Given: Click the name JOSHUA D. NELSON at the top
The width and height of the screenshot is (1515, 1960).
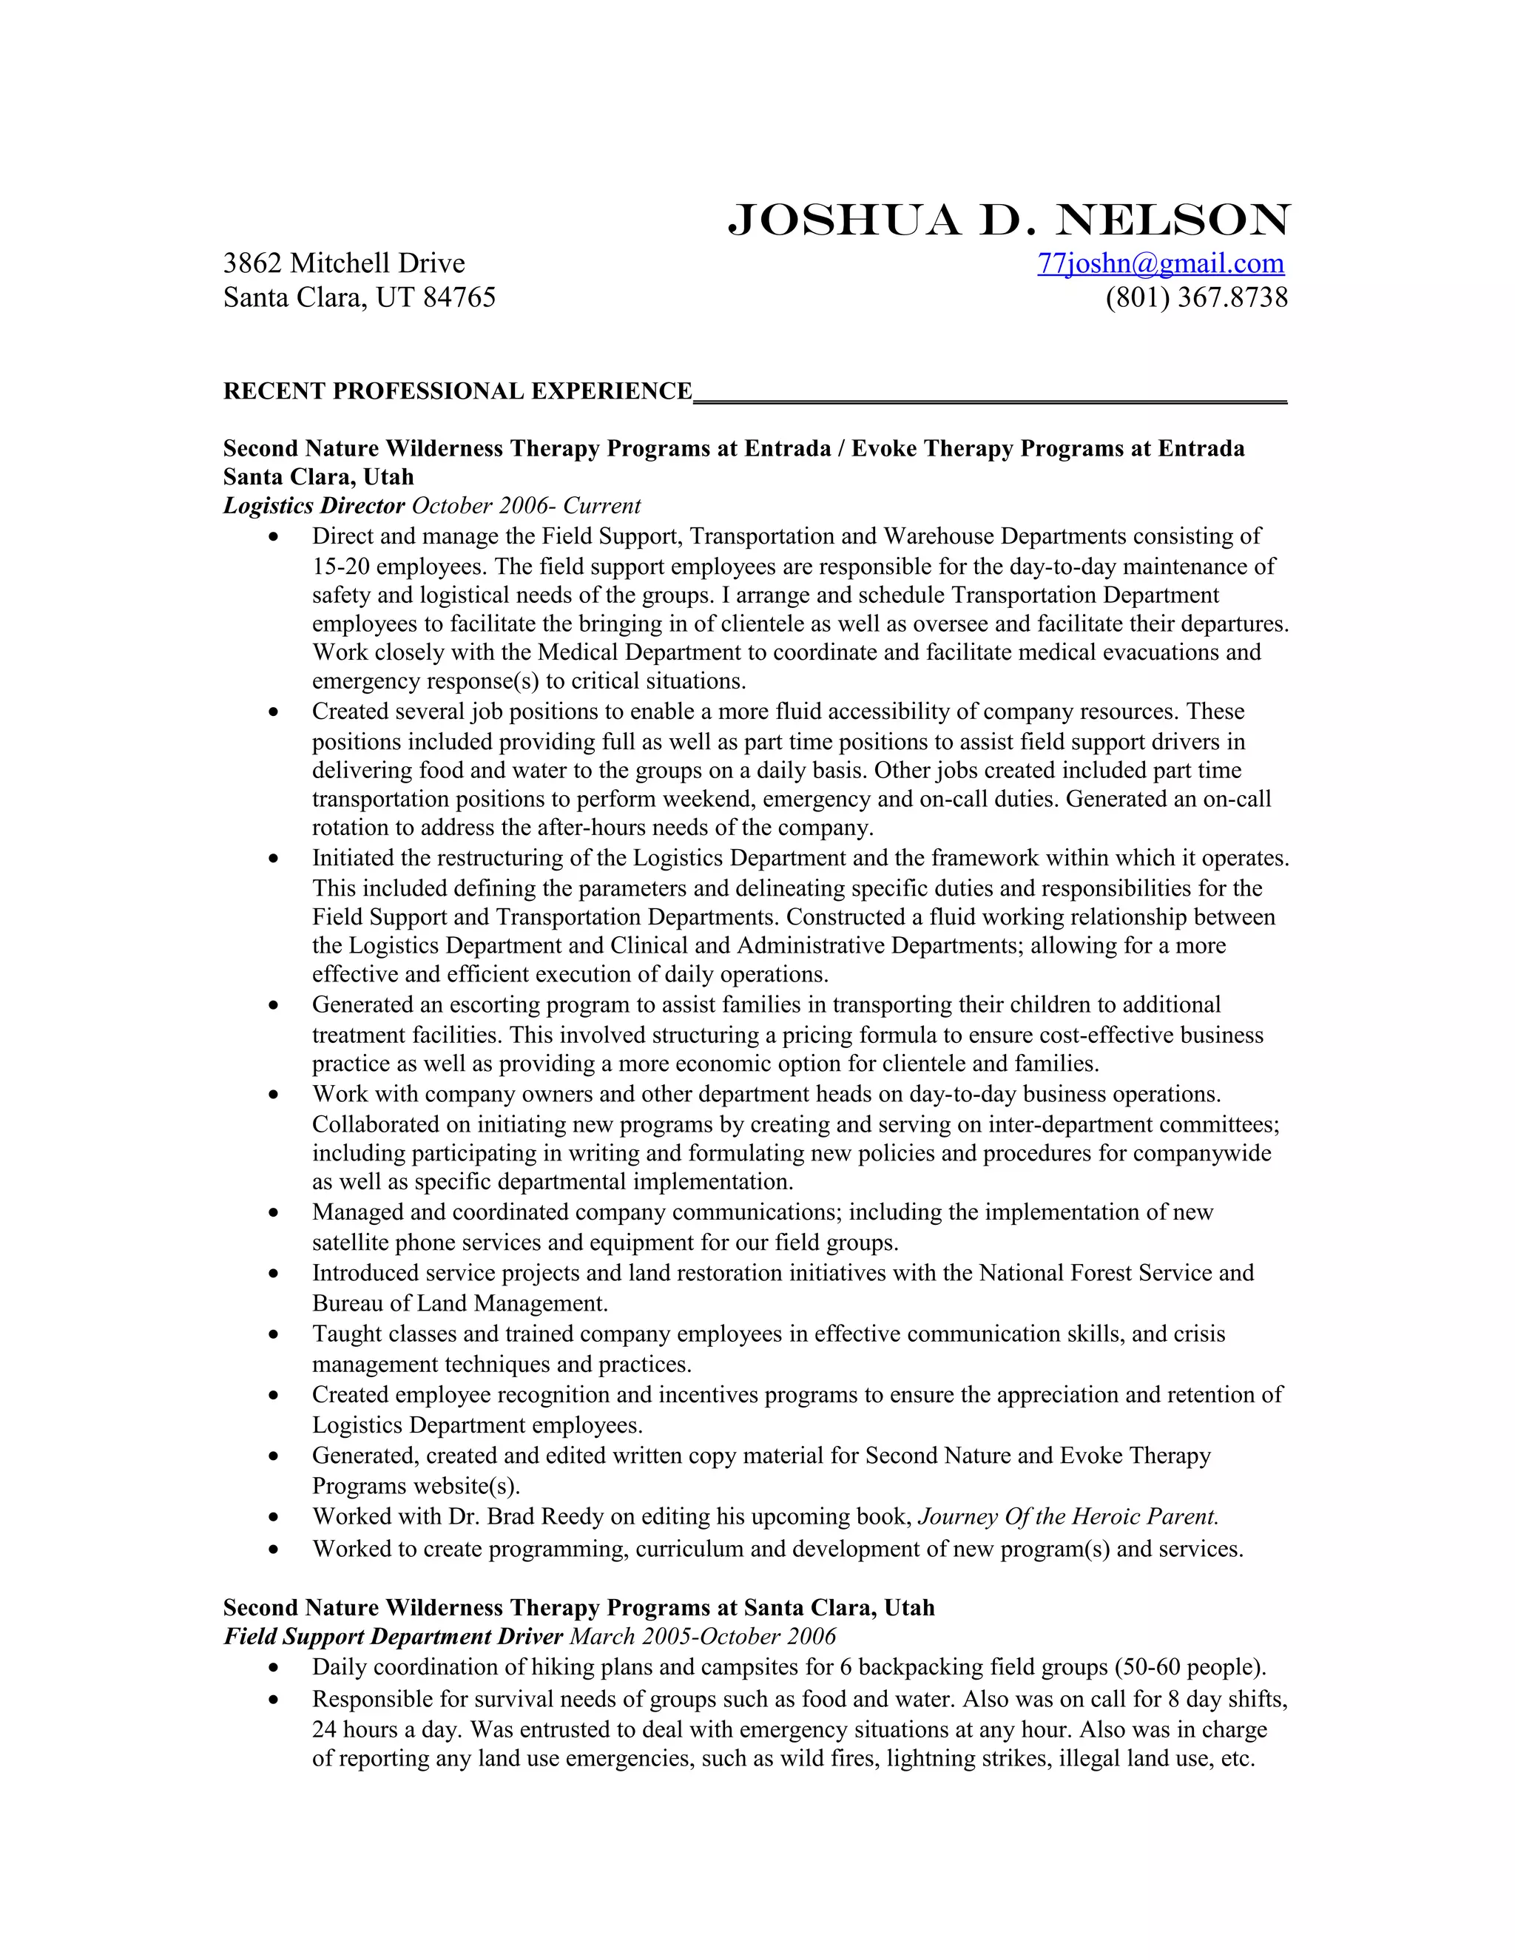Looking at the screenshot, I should (x=1008, y=220).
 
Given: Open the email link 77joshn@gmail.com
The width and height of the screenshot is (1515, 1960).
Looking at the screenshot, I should (x=1161, y=263).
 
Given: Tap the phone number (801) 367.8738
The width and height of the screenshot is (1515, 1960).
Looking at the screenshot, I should (x=1196, y=297).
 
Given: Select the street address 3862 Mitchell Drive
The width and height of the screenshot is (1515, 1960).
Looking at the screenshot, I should (x=344, y=263).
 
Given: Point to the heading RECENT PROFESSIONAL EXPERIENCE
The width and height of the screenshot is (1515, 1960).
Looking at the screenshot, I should (x=458, y=391).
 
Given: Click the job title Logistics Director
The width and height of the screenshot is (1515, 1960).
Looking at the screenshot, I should (x=314, y=506).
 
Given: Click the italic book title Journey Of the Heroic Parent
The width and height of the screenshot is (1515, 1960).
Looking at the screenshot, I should (x=1068, y=1517).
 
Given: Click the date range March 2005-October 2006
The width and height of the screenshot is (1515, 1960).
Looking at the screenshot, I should (x=703, y=1637).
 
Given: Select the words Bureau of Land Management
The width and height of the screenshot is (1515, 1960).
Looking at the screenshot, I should (x=460, y=1303).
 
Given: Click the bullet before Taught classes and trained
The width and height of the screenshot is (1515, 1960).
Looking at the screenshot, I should (x=274, y=1335).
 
